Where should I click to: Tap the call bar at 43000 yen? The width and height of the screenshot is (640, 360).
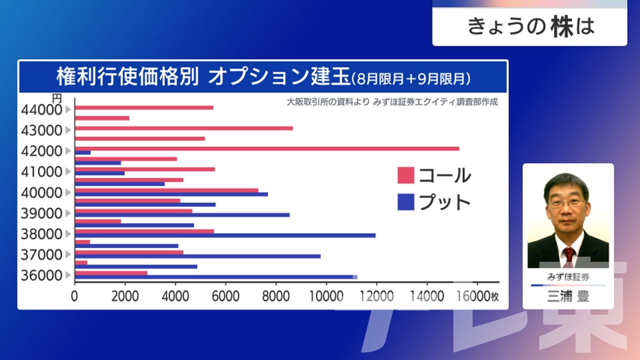(x=183, y=128)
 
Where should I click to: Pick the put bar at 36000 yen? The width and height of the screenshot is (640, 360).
(x=215, y=277)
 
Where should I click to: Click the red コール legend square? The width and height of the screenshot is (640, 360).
(x=405, y=175)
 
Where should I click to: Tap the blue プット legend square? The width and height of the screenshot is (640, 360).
(x=405, y=202)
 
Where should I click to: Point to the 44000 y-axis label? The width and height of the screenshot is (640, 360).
(x=42, y=109)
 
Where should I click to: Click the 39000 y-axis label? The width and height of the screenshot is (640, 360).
(x=42, y=213)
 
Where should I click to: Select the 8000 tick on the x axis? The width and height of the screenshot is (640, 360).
(x=276, y=296)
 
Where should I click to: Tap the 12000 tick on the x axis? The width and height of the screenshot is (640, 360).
(x=376, y=296)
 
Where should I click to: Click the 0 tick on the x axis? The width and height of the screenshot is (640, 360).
(x=75, y=296)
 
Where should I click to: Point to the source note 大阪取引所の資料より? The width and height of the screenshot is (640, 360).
(x=328, y=102)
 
